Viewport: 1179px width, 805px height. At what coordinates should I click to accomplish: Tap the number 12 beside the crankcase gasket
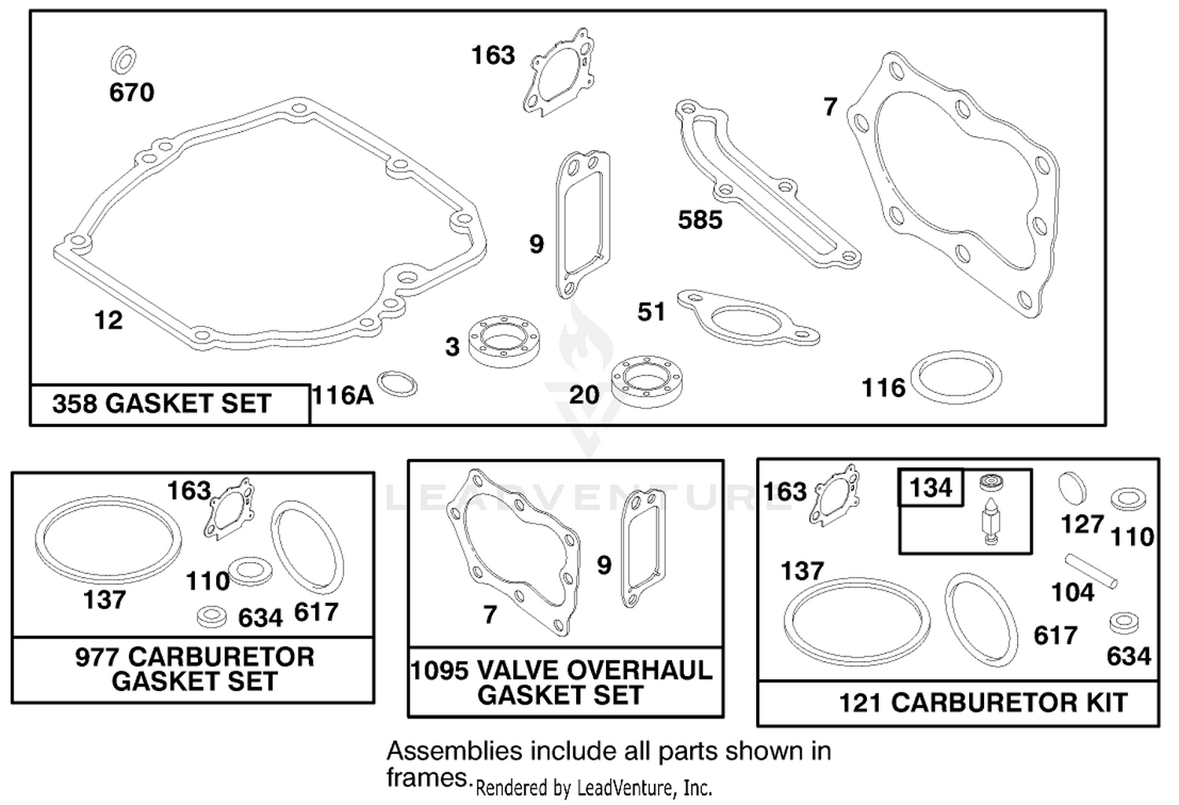click(108, 320)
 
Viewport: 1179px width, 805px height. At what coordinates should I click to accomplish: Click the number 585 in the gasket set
click(700, 219)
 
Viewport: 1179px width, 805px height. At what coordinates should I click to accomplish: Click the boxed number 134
click(931, 487)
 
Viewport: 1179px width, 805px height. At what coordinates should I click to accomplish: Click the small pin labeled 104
click(1091, 571)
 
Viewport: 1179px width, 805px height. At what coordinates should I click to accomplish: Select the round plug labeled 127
click(1072, 488)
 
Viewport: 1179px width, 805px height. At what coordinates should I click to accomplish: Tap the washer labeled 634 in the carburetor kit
click(1124, 623)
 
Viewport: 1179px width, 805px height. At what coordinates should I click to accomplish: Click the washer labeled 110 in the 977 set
click(251, 571)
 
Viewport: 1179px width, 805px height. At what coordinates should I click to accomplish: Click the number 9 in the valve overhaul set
click(604, 565)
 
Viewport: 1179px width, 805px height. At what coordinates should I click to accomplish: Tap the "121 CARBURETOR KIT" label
click(982, 702)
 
